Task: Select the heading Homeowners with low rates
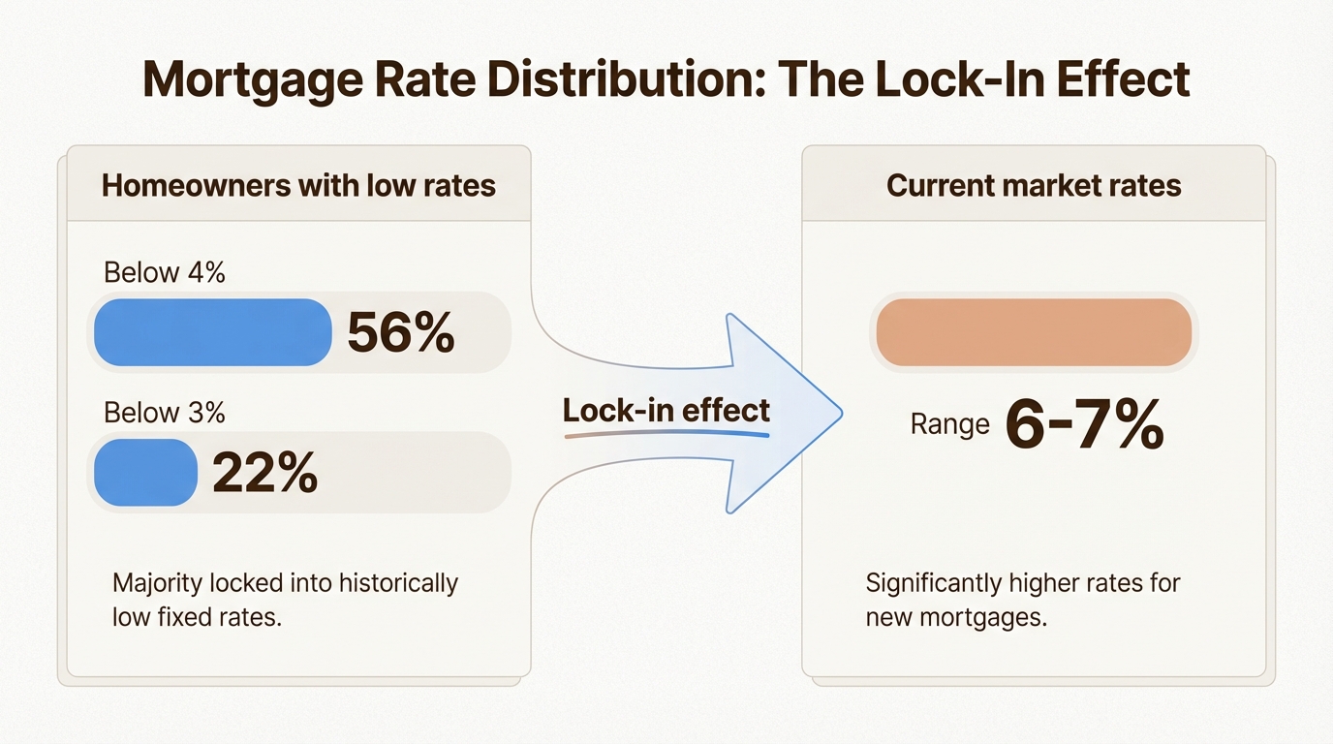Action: pos(298,185)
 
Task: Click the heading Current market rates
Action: pos(1034,185)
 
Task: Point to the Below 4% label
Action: pos(164,273)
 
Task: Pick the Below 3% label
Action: pos(164,413)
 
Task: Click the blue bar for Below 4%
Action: pos(213,332)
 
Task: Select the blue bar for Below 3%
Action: pos(145,472)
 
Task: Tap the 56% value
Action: pos(401,333)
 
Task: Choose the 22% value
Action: pos(264,473)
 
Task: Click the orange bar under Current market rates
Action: pos(1034,332)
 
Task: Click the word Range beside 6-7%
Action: pos(949,424)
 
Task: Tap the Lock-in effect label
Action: pos(666,410)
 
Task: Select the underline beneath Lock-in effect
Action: pos(666,434)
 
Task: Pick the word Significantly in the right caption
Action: pos(933,584)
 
